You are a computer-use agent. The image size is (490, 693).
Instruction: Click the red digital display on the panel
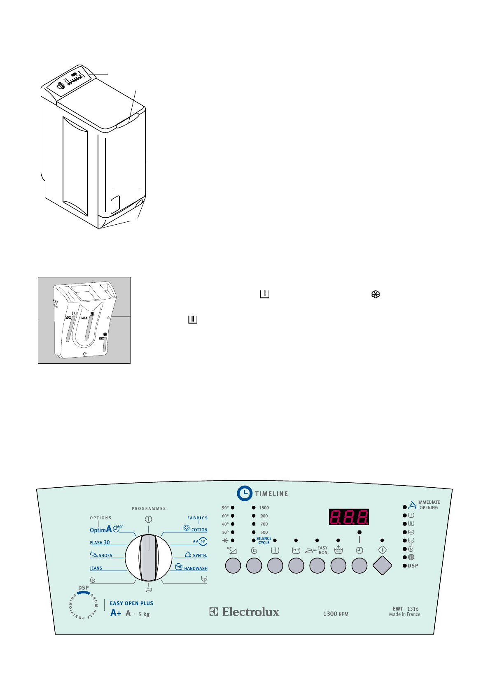[x=349, y=517]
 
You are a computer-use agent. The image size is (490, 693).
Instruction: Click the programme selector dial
[x=148, y=558]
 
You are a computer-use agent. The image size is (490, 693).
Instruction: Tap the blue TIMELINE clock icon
[x=245, y=493]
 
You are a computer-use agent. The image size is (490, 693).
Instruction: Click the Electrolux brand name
[x=250, y=612]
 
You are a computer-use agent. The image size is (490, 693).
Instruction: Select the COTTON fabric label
[x=199, y=530]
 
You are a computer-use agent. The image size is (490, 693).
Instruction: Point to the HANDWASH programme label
[x=196, y=568]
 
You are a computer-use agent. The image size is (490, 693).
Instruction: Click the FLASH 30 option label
[x=100, y=542]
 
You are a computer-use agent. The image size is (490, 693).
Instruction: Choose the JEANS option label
[x=96, y=568]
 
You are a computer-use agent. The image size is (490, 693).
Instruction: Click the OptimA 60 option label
[x=106, y=529]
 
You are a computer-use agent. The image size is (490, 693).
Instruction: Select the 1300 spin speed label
[x=264, y=508]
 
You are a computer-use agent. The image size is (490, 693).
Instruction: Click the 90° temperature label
[x=225, y=508]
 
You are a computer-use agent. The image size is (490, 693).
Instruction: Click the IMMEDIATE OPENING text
[x=428, y=505]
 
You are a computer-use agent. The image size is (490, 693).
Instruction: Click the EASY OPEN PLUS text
[x=131, y=603]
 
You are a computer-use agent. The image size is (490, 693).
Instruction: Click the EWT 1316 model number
[x=406, y=609]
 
